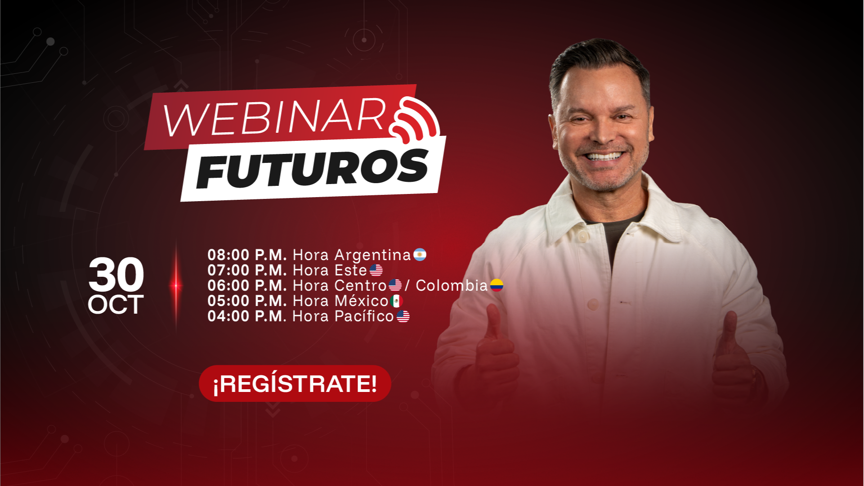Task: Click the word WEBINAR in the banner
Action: [x=275, y=118]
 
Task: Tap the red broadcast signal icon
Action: [x=415, y=118]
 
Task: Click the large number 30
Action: [x=116, y=274]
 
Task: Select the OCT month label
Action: [x=116, y=305]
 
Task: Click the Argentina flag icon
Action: [x=420, y=255]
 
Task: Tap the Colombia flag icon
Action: [x=497, y=285]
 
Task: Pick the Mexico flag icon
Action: [x=396, y=301]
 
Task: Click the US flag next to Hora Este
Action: [x=376, y=270]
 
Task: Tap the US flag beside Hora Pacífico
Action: [x=403, y=316]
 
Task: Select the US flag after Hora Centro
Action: [x=395, y=285]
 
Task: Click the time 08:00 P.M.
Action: [x=247, y=255]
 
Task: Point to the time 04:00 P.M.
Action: [x=247, y=316]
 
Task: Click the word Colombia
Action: [x=452, y=285]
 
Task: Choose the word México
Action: [x=362, y=301]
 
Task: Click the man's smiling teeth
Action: [x=603, y=157]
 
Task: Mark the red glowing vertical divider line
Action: [x=176, y=285]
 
